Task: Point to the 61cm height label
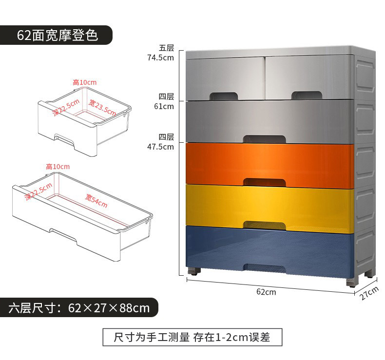point(164,106)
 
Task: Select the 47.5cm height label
point(161,147)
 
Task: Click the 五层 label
point(166,48)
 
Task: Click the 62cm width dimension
point(266,292)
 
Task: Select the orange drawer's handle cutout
point(264,182)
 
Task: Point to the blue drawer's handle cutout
point(264,267)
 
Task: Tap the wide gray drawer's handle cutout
point(264,139)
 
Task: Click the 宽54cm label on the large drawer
point(96,201)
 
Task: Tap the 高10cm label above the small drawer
point(85,82)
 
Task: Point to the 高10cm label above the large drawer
point(58,167)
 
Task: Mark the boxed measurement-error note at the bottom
point(192,336)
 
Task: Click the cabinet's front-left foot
point(193,270)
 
